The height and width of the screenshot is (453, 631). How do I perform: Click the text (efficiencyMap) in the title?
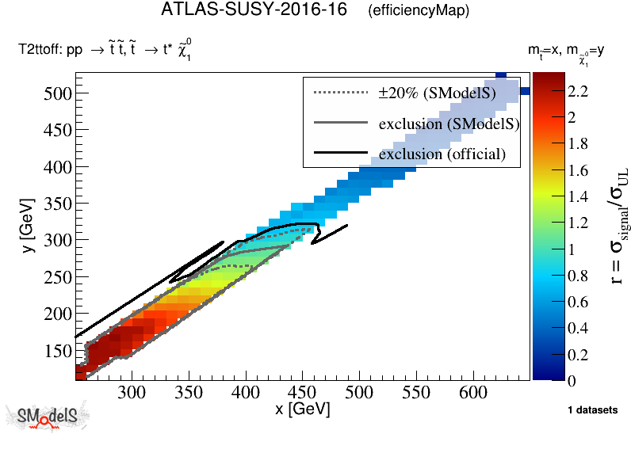click(x=419, y=11)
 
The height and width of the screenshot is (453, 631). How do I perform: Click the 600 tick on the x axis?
click(x=472, y=391)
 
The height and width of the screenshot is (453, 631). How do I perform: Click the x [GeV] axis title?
click(x=302, y=409)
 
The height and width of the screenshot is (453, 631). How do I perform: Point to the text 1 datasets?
click(x=592, y=409)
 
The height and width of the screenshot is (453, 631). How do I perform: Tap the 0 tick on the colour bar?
click(x=572, y=381)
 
